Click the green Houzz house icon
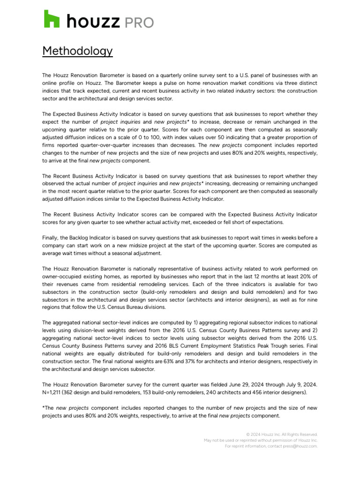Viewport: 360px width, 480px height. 52,19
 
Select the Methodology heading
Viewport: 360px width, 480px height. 77,51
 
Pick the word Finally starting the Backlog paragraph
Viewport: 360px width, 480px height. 52,238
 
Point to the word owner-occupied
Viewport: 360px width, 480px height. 61,277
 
